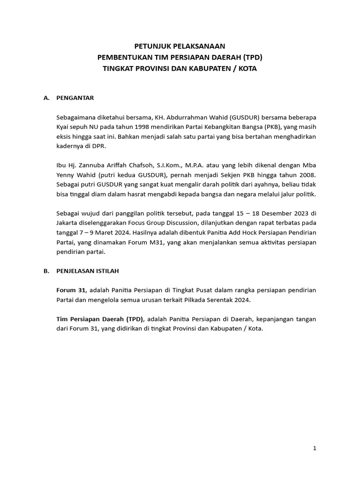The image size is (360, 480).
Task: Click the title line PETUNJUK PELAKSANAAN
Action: (x=180, y=46)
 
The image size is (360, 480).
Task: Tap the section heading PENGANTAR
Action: (x=75, y=98)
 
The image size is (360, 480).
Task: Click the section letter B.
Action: (x=46, y=271)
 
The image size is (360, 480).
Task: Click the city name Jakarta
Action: (x=67, y=223)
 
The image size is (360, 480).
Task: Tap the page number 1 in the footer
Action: (x=315, y=449)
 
